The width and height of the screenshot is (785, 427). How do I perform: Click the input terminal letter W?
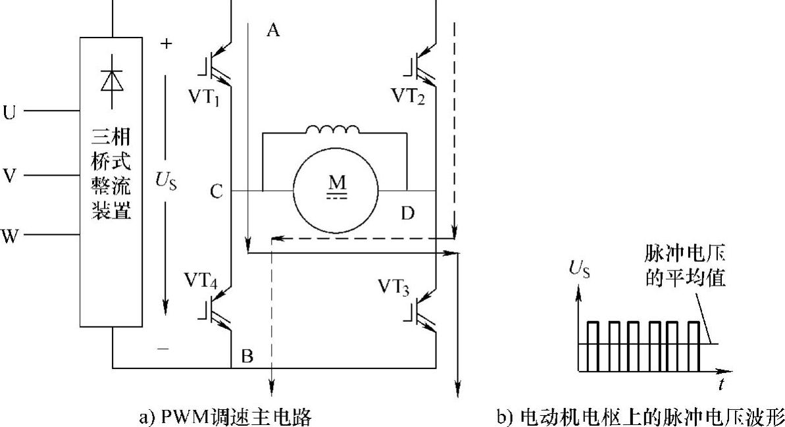[x=10, y=236]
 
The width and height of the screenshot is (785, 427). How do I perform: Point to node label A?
[x=273, y=30]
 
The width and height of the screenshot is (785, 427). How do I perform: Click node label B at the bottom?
[x=247, y=357]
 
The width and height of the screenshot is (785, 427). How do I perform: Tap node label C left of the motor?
[x=218, y=192]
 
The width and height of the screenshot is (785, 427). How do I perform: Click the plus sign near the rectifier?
[x=166, y=44]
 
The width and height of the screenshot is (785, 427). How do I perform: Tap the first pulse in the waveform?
[x=594, y=345]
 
